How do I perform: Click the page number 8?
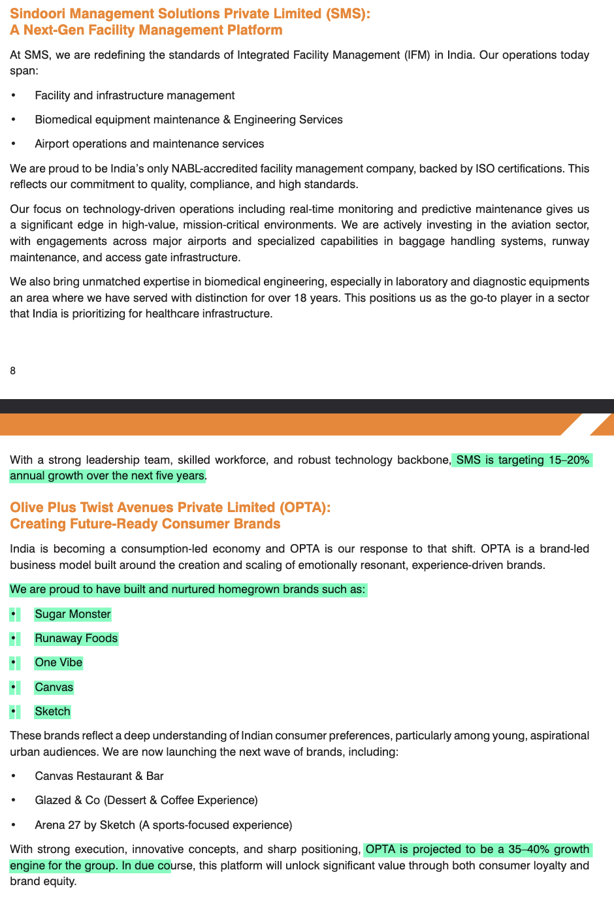click(13, 371)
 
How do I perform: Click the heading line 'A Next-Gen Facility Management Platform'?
click(146, 30)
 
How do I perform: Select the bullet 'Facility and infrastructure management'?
click(135, 95)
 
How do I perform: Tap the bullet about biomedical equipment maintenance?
click(189, 120)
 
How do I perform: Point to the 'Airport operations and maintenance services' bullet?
click(150, 144)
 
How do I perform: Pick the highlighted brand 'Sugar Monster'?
click(73, 614)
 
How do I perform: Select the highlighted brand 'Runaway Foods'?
click(76, 638)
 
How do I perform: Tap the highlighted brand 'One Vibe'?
click(59, 662)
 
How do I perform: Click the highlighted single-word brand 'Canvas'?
click(54, 687)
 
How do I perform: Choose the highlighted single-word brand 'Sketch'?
click(52, 711)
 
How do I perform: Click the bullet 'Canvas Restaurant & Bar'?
click(99, 776)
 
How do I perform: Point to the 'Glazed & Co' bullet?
click(146, 800)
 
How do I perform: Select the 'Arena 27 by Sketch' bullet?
click(163, 825)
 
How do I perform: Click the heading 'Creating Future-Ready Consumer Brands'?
click(145, 524)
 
